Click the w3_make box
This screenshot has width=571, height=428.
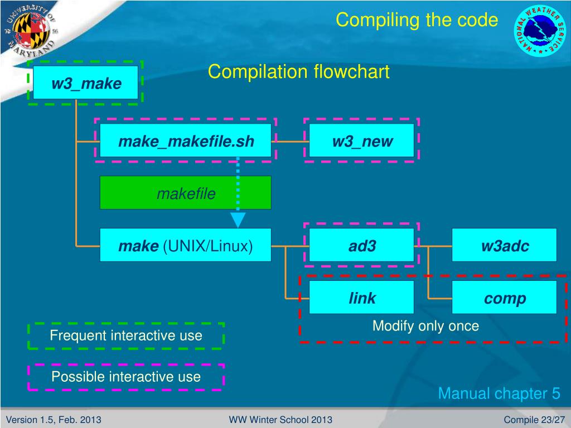[x=85, y=82]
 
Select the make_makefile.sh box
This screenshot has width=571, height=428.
[x=185, y=140]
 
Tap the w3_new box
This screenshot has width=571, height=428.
[x=361, y=140]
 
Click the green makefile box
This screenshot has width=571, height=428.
[x=185, y=192]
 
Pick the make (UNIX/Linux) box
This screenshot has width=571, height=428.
[x=185, y=245]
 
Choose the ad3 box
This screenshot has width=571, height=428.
[x=361, y=245]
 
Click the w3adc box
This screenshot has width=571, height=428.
[x=504, y=245]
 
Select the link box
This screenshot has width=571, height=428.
[x=361, y=297]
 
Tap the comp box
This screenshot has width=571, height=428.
[x=504, y=297]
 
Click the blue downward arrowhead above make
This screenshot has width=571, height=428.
[x=238, y=220]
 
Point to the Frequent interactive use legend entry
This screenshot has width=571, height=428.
[x=126, y=335]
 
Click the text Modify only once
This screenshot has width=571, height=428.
[x=425, y=325]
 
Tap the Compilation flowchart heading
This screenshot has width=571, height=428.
[x=299, y=71]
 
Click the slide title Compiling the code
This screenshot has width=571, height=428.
[x=417, y=20]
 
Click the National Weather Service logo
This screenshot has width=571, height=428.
[x=540, y=31]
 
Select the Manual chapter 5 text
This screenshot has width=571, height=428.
[x=499, y=393]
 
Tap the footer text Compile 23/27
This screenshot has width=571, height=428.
[x=534, y=420]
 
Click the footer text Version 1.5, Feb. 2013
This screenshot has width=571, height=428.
[x=54, y=420]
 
